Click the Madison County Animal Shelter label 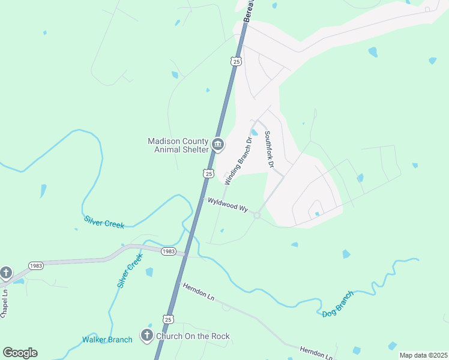click(177, 146)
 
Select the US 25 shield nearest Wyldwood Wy click(208, 173)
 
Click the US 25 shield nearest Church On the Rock click(169, 319)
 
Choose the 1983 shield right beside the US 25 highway click(169, 251)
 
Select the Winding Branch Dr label click(238, 160)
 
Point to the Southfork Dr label click(269, 149)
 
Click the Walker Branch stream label click(107, 340)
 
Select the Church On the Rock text click(193, 336)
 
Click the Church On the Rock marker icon click(146, 336)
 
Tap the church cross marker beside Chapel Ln click(5, 273)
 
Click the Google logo click(20, 353)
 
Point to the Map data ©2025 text click(423, 355)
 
